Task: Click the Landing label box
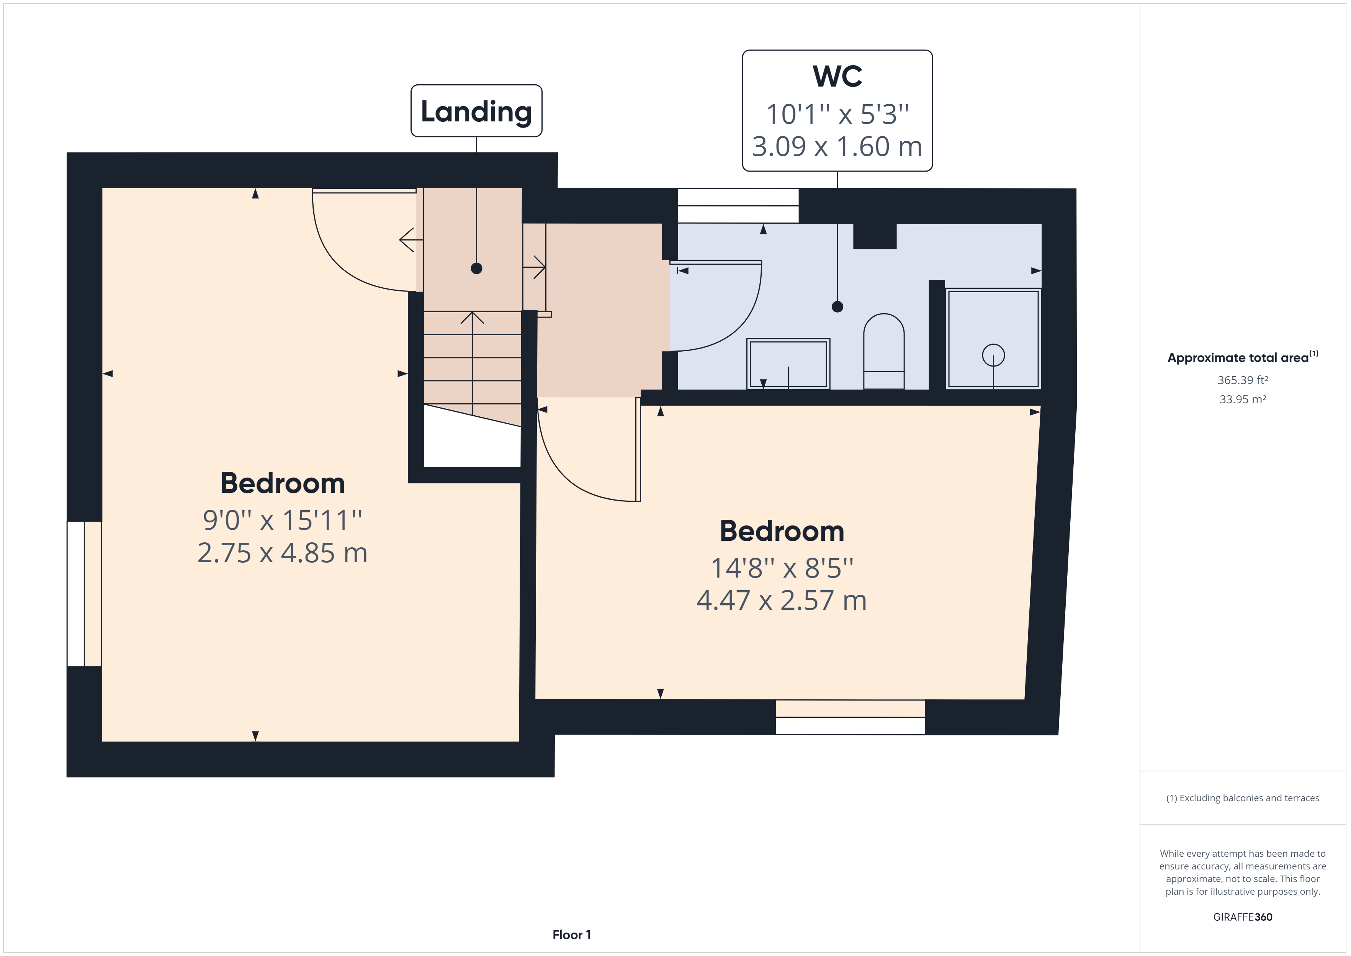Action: (x=476, y=111)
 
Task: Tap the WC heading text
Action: (x=837, y=77)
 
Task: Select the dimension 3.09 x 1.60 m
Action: (x=837, y=147)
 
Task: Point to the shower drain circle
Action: (x=993, y=355)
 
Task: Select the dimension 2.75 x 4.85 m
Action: (x=283, y=553)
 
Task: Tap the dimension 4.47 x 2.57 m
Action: (x=782, y=601)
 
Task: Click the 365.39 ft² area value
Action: (x=1243, y=380)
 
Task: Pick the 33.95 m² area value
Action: (x=1243, y=399)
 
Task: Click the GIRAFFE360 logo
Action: (x=1243, y=917)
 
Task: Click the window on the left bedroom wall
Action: (x=84, y=593)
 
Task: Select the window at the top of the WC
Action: (x=738, y=205)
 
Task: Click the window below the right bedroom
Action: (x=850, y=717)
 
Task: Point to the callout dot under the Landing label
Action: (x=477, y=268)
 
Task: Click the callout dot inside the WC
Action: (x=837, y=307)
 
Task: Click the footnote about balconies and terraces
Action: (x=1243, y=798)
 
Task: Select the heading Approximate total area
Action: (x=1243, y=357)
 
